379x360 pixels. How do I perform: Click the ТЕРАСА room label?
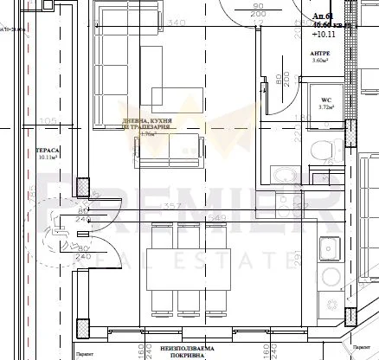tap(46, 149)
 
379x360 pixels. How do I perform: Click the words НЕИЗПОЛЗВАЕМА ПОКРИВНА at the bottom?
tap(181, 350)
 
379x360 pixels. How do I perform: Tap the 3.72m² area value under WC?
tap(326, 108)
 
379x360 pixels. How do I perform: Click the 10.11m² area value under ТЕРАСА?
tap(46, 158)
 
